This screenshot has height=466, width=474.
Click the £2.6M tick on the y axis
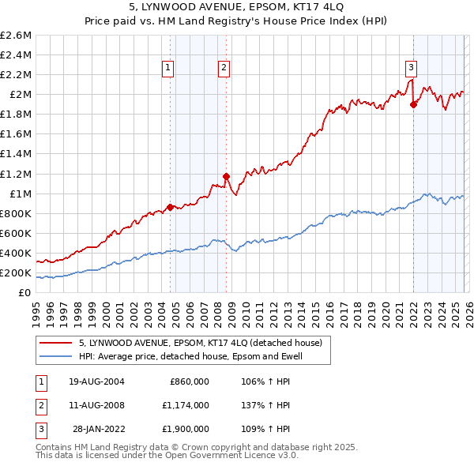[x=16, y=36]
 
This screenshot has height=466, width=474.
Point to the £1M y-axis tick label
[x=19, y=194]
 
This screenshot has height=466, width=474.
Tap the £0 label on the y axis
[x=25, y=293]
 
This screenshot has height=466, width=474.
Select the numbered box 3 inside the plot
[x=412, y=67]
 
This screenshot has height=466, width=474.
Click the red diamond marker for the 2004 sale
[x=170, y=208]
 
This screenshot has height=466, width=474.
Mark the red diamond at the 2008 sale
[x=226, y=176]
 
